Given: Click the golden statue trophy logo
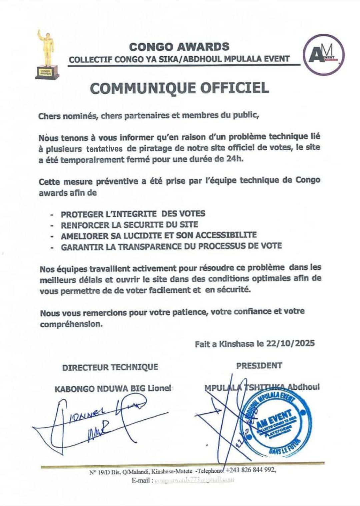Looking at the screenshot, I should click(47, 55).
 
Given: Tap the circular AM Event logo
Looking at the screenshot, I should click(323, 55).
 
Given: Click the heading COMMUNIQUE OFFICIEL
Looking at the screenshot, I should click(180, 88).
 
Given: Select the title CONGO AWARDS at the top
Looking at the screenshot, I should click(179, 47).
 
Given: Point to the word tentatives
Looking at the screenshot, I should click(104, 149).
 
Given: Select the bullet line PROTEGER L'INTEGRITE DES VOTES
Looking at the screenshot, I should click(133, 214).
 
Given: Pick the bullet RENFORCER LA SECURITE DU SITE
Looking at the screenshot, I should click(129, 225).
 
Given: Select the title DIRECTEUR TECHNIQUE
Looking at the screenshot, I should click(110, 367).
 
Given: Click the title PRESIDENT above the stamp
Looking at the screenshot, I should click(259, 365).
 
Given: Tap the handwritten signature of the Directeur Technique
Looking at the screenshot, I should click(97, 421).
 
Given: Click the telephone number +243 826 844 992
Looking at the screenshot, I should click(251, 470).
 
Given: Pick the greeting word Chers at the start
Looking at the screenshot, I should click(48, 116).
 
